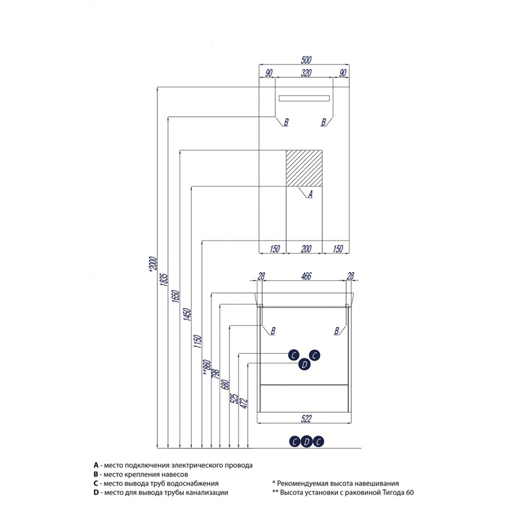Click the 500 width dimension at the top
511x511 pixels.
pyautogui.click(x=306, y=60)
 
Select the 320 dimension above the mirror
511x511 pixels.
pyautogui.click(x=306, y=73)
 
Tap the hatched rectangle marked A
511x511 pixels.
pyautogui.click(x=304, y=168)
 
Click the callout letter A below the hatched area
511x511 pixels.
pyautogui.click(x=310, y=194)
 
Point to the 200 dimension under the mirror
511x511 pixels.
pyautogui.click(x=306, y=249)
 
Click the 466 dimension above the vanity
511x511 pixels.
pyautogui.click(x=306, y=277)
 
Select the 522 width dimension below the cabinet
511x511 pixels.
pyautogui.click(x=306, y=419)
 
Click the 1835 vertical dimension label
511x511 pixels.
pyautogui.click(x=164, y=280)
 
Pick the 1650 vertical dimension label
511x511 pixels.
pyautogui.click(x=176, y=296)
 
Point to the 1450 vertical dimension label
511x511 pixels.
pyautogui.click(x=187, y=314)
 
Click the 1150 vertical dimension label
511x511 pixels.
pyautogui.click(x=198, y=341)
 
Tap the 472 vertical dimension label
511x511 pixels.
pyautogui.click(x=244, y=403)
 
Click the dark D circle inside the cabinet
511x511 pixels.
pyautogui.click(x=305, y=364)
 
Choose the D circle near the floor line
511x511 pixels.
pyautogui.click(x=307, y=441)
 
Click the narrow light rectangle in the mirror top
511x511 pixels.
pyautogui.click(x=304, y=98)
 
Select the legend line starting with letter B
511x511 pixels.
pyautogui.click(x=141, y=474)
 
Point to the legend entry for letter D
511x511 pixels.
pyautogui.click(x=161, y=492)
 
